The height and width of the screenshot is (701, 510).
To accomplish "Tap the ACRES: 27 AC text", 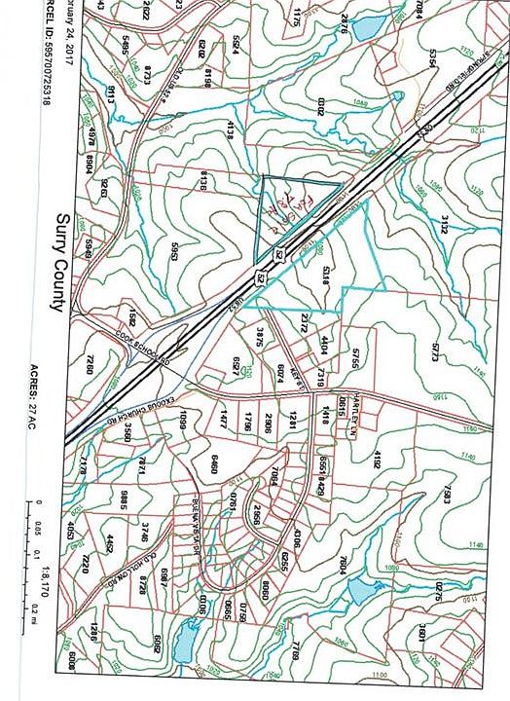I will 60,429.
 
